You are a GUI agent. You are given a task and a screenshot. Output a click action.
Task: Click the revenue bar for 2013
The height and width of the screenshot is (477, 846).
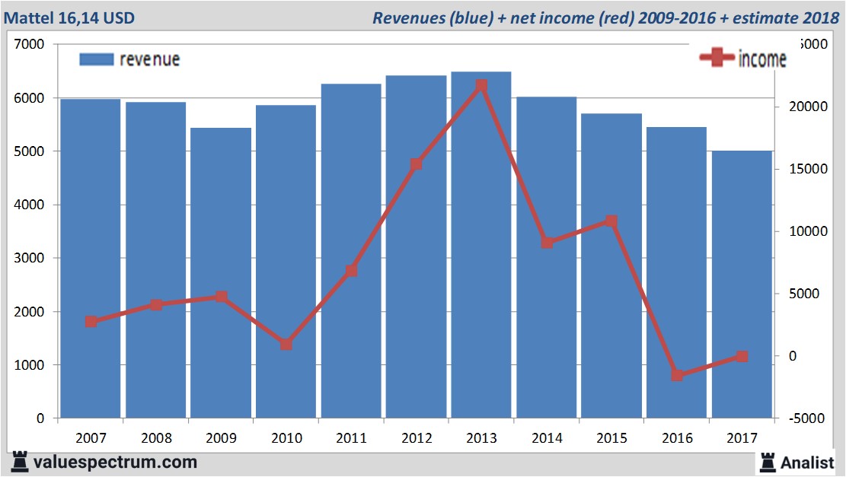[480, 243]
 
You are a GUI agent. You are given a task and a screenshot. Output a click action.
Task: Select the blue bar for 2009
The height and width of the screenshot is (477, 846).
[221, 274]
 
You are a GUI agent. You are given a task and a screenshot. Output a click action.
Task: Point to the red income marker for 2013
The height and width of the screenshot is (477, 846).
[480, 86]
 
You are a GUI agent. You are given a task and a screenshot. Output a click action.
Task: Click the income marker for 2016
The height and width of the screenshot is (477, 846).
[677, 375]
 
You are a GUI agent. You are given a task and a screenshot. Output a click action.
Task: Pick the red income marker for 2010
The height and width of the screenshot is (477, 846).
[286, 344]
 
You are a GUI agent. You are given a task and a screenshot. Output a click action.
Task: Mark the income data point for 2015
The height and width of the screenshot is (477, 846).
[611, 221]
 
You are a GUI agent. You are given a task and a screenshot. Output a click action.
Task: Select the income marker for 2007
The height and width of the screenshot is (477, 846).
[91, 321]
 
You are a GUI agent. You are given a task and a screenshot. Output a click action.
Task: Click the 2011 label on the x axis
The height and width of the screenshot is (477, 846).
[351, 438]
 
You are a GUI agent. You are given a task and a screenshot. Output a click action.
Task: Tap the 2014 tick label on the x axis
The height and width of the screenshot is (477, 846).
[547, 438]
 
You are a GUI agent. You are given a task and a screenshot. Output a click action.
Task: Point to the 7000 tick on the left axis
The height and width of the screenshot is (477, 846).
[30, 45]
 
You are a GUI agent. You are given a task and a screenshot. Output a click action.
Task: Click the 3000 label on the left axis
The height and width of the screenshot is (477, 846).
[30, 259]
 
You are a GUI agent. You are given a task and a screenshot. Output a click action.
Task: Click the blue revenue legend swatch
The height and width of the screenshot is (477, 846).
[97, 59]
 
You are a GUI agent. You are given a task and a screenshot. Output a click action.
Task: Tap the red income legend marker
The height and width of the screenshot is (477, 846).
[717, 59]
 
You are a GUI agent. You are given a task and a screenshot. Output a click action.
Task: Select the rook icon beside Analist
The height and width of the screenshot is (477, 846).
[767, 462]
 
